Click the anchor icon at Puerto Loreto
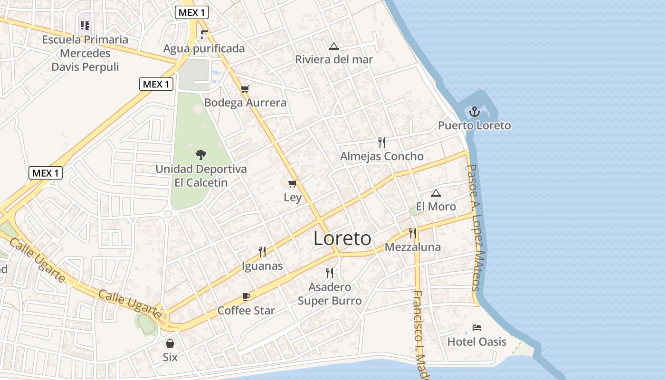[474, 112]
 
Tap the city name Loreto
[342, 238]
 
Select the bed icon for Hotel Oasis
[477, 328]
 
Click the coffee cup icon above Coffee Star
[246, 297]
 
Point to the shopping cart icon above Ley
[293, 183]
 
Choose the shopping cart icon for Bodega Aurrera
[245, 89]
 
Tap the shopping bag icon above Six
[170, 343]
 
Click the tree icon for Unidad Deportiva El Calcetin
[201, 154]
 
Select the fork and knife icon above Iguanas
[262, 252]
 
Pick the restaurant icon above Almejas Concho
[381, 142]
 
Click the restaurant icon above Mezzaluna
[412, 233]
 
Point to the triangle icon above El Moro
[436, 193]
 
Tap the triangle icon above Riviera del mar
[334, 46]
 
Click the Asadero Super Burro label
[330, 294]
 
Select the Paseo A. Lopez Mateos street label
[475, 228]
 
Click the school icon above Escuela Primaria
[85, 25]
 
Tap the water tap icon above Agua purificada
[204, 34]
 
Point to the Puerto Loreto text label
[474, 125]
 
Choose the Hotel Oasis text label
[477, 342]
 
